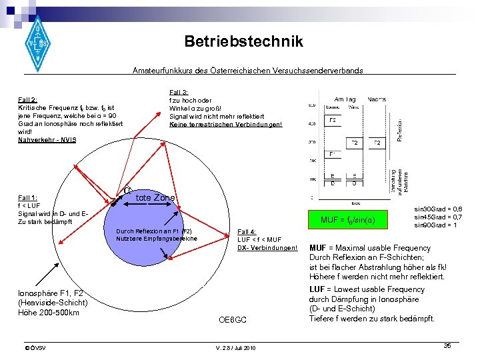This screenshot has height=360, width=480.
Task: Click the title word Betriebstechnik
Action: [243, 41]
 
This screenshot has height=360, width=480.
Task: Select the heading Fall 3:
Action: [179, 92]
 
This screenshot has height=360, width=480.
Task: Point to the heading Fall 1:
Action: [27, 198]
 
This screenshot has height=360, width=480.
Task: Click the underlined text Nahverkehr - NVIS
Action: [47, 140]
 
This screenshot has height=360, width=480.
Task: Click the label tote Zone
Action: [155, 198]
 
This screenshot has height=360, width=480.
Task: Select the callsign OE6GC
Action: [233, 321]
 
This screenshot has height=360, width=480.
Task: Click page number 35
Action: [447, 345]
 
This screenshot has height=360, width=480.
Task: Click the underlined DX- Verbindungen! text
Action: [267, 248]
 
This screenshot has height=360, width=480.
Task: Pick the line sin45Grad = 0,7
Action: [438, 217]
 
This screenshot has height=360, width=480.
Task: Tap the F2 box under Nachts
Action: [377, 143]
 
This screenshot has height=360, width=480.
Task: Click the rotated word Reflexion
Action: [399, 130]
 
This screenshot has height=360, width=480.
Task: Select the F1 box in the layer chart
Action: [331, 155]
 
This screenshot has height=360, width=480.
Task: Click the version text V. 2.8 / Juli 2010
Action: [235, 348]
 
